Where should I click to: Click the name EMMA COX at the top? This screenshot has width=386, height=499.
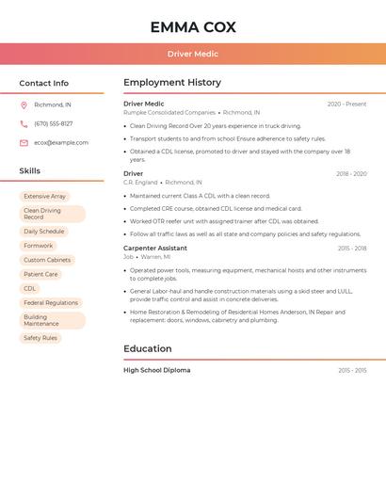point(192,27)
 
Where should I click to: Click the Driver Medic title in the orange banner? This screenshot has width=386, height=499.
point(192,54)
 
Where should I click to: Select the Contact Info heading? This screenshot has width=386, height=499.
point(43,83)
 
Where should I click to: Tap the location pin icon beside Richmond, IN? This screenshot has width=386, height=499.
point(24,105)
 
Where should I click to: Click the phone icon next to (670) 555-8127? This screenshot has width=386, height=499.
point(24,123)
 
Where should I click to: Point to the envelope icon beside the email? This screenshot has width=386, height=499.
point(24,143)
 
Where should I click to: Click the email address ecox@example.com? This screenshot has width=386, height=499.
point(61,143)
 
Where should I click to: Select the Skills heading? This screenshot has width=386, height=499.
point(30,170)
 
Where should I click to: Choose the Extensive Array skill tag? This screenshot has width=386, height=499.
point(44,197)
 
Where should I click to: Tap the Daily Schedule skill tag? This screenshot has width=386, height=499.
point(44,231)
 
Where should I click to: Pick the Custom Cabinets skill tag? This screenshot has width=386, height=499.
point(47,260)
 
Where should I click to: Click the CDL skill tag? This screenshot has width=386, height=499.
point(30,288)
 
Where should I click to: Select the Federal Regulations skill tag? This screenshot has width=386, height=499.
point(51,303)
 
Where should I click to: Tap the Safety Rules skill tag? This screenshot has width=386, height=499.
point(40,338)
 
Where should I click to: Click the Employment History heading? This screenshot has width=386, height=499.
point(172,83)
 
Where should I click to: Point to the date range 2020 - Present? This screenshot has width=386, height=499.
point(346,105)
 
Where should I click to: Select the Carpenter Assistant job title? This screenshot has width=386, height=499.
point(155,249)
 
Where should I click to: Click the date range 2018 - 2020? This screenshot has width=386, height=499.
point(351,174)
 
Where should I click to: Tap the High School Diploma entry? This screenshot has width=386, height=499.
point(157,370)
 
